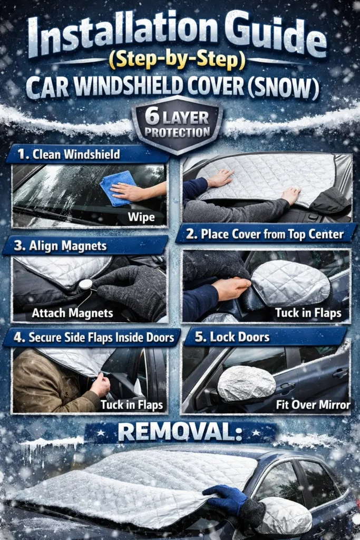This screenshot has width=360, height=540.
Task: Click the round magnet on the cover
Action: point(85,284)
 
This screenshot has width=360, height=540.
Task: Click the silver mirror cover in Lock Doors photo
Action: point(246,383)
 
